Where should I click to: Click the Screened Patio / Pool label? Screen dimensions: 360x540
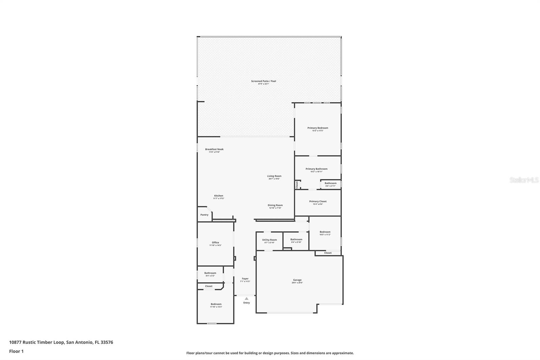(263, 81)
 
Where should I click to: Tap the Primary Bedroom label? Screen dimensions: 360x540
(318, 128)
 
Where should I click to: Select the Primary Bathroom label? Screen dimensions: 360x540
(316, 169)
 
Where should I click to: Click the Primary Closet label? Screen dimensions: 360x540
(318, 202)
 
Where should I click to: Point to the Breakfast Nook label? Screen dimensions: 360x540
(214, 149)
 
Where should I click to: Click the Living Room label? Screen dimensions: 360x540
(274, 176)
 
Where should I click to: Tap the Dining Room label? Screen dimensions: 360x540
(275, 205)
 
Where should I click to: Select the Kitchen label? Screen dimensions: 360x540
(218, 196)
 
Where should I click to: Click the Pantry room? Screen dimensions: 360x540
(204, 215)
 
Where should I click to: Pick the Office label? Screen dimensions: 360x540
(215, 242)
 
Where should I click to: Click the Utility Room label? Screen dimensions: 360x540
(269, 240)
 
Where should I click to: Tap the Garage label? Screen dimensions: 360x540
(297, 280)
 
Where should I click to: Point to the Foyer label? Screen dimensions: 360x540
(245, 279)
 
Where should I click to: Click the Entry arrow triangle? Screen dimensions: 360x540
(246, 299)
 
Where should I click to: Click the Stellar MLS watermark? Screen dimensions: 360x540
(524, 180)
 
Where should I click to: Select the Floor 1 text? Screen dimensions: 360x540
(16, 351)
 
